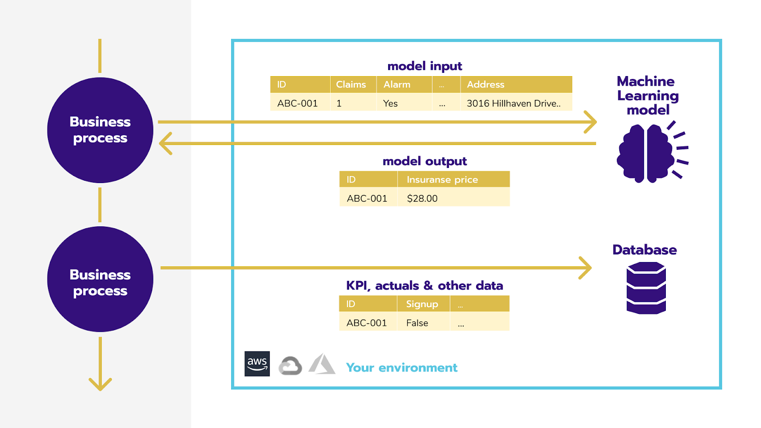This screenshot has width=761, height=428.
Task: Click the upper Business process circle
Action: coord(100,130)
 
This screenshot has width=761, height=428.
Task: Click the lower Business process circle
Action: coord(100,279)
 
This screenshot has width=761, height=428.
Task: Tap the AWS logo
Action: coord(257,364)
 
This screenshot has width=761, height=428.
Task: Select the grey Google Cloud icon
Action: coord(290,366)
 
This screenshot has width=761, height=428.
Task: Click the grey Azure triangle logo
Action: coord(322,365)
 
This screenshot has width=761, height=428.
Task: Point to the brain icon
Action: coord(646,153)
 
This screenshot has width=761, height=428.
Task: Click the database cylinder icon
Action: coord(646,288)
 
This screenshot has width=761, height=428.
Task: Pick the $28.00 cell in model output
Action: coord(422,198)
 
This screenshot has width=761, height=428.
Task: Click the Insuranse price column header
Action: coord(442,179)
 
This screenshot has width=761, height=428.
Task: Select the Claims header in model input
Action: coord(351,84)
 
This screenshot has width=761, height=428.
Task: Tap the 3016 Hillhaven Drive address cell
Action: coord(514,103)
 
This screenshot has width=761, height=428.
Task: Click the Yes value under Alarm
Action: coord(390,103)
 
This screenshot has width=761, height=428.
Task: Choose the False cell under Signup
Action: coord(417,323)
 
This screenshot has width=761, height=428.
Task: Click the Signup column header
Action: coord(422,304)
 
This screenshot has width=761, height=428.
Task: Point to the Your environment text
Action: coord(401,368)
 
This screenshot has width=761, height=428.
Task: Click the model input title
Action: coord(425,66)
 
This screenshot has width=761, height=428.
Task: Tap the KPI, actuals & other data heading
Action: coord(424,285)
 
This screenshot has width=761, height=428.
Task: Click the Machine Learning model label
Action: coord(647,95)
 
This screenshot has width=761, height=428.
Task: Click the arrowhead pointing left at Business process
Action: coord(165,143)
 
